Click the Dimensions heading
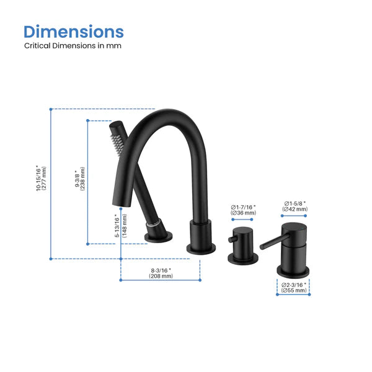click(x=74, y=32)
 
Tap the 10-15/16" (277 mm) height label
click(x=41, y=178)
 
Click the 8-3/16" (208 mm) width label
click(x=161, y=273)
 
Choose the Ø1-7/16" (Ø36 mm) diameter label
click(x=243, y=210)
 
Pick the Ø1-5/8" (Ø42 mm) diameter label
click(x=295, y=206)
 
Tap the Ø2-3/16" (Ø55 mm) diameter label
click(x=294, y=287)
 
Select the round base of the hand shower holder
click(x=157, y=236)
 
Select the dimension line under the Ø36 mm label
click(x=242, y=219)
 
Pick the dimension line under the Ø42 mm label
click(x=295, y=216)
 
